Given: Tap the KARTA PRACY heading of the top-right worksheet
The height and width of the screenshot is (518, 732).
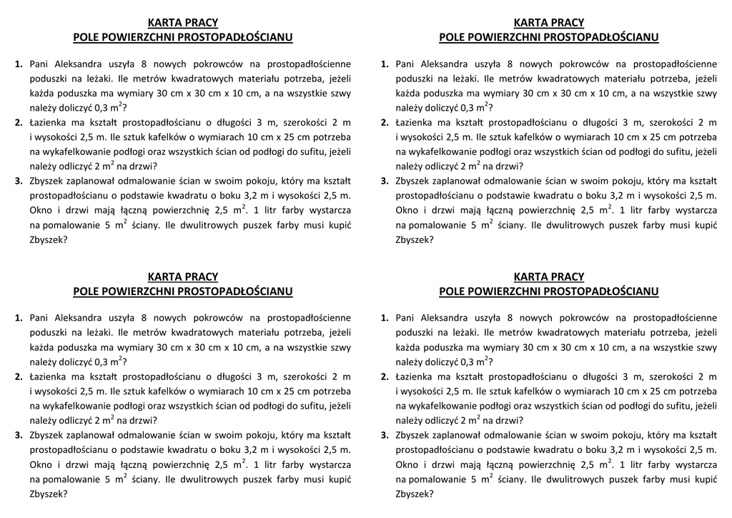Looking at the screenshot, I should [x=548, y=23].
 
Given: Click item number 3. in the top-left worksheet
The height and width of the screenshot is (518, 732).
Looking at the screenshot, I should [x=19, y=181].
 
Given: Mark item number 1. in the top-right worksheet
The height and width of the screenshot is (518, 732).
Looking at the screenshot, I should [x=385, y=64].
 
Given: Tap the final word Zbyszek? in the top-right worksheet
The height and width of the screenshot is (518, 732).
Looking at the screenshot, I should [x=415, y=240].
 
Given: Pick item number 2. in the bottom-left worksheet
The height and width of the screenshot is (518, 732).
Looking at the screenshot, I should [x=19, y=377].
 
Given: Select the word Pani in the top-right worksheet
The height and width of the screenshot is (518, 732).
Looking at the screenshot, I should [x=405, y=64].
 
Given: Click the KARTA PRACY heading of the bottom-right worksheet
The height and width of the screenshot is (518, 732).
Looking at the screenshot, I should [x=548, y=277].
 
